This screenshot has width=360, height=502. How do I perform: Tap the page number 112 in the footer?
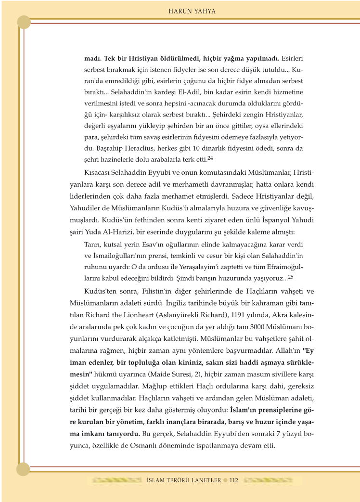(x=234, y=480)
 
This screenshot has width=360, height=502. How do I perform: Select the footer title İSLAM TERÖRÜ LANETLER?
(x=183, y=480)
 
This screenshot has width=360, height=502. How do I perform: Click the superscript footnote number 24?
(x=210, y=158)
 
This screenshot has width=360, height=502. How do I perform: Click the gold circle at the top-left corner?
(x=24, y=22)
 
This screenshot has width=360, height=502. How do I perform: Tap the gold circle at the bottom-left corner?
(x=24, y=469)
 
